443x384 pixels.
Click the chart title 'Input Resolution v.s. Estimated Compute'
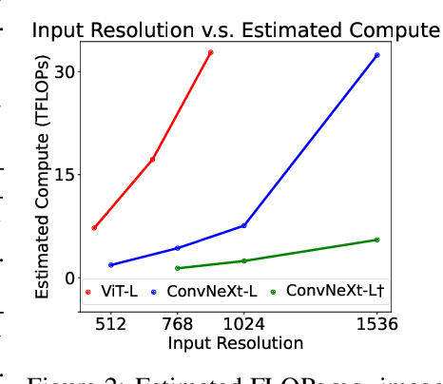click(236, 29)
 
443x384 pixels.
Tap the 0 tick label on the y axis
click(67, 278)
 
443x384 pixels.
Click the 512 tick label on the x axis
click(111, 323)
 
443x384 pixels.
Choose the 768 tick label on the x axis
click(178, 323)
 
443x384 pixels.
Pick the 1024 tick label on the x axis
click(243, 323)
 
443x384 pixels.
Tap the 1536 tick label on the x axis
click(376, 323)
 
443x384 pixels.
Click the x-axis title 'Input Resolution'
click(235, 342)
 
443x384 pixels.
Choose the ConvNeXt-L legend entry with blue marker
click(208, 291)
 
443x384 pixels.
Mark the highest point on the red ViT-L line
click(211, 52)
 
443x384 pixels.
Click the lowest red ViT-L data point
click(94, 228)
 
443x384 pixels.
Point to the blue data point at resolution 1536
click(377, 55)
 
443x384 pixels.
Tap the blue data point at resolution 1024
click(244, 225)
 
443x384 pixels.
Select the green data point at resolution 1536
click(377, 240)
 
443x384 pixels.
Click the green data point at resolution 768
click(178, 268)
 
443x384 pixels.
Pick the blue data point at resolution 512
click(111, 265)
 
